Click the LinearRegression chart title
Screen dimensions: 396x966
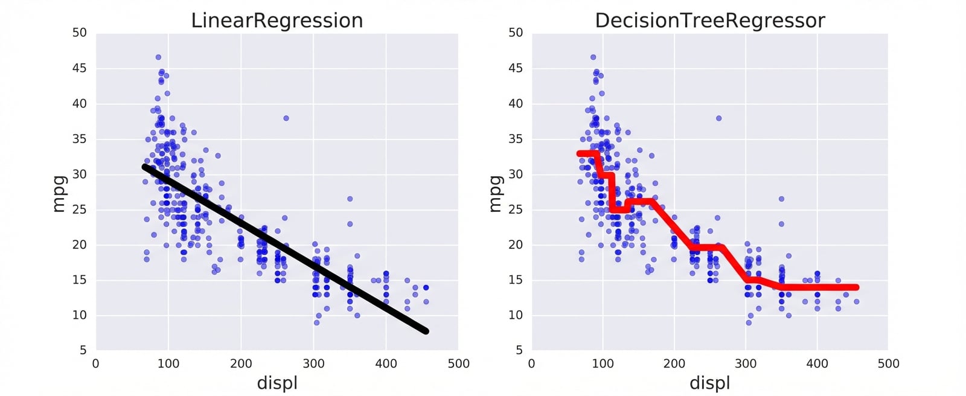(277, 21)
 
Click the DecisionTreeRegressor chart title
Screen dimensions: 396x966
(709, 21)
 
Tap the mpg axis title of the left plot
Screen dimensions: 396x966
(59, 193)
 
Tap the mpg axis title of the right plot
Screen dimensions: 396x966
(494, 193)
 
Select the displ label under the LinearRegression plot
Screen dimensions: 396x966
(277, 383)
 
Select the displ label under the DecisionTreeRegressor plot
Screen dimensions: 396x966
(709, 383)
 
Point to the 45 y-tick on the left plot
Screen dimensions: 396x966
(79, 68)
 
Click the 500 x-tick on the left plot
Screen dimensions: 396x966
(459, 363)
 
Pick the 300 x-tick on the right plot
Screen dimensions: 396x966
(746, 363)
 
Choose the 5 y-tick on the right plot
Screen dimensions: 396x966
(519, 350)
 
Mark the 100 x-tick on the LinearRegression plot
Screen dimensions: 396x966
(168, 363)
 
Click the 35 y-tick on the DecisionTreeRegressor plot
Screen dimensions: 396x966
(515, 139)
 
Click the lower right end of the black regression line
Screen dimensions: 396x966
(426, 331)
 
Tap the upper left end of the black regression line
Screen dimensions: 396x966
(145, 167)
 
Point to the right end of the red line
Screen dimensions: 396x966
(856, 287)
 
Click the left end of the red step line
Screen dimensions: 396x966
(579, 153)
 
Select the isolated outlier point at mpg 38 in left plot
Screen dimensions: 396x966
(286, 118)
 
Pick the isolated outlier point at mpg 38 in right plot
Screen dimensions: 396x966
(718, 118)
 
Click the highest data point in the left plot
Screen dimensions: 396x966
(158, 57)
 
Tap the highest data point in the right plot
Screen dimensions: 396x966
(593, 57)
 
